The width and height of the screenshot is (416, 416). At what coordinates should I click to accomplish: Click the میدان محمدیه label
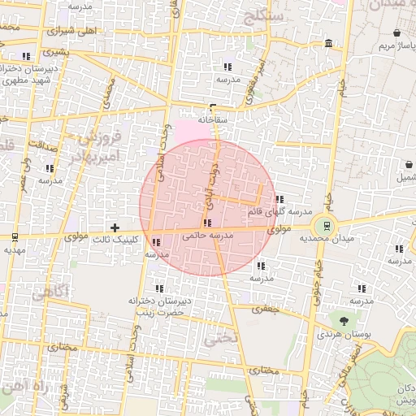pos(326,239)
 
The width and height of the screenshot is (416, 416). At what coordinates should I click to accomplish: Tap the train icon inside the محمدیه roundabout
pos(327,226)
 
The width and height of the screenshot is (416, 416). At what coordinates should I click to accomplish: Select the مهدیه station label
pos(15,249)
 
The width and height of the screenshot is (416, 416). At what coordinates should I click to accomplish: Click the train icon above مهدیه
pos(15,237)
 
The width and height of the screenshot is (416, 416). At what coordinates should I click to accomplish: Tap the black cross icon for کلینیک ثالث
pos(115,227)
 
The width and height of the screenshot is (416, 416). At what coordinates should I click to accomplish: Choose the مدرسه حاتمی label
pos(210,235)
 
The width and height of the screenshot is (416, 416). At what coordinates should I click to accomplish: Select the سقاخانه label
pos(211,119)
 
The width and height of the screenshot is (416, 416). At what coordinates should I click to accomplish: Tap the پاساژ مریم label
pos(396,45)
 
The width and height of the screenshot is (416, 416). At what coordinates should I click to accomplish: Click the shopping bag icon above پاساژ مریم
pos(396,33)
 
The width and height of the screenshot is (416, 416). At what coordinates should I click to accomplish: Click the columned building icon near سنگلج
pos(327,43)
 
